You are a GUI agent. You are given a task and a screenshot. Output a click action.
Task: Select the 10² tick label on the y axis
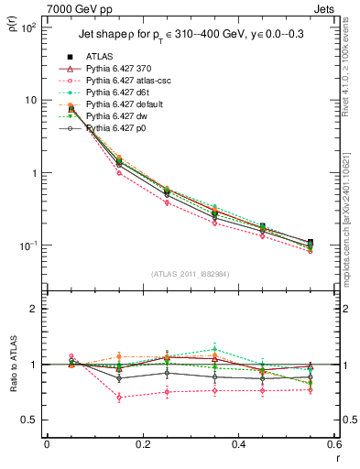pos(27,27)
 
